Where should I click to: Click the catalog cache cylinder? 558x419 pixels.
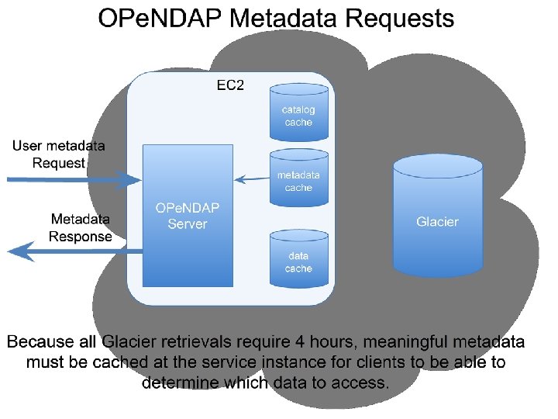pos(298,113)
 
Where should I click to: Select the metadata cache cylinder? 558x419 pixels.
pos(298,180)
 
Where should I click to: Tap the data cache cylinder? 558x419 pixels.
pos(298,260)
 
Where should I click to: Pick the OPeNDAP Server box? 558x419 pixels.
pos(188,215)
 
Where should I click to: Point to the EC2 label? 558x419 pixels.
pos(230,85)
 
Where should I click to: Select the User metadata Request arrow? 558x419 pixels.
pos(74,180)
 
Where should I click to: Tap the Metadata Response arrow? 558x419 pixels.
pos(74,251)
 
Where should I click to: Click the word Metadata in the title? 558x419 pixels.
pos(277,19)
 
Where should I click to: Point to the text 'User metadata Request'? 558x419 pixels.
pos(59,154)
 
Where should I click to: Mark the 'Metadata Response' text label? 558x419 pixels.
pos(81,228)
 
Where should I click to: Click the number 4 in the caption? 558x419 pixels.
pos(329,342)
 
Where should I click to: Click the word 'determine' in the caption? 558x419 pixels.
pos(180,383)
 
